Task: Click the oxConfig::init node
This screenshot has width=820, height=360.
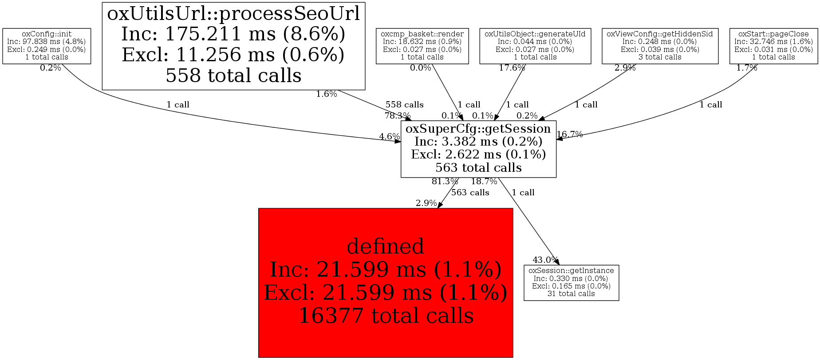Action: tap(47, 46)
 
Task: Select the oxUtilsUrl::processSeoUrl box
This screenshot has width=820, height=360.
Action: tap(233, 46)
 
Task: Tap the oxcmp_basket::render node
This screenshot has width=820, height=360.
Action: tap(422, 46)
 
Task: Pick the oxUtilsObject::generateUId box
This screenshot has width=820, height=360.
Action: tap(535, 46)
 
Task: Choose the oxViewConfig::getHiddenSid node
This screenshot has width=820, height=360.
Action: tap(659, 46)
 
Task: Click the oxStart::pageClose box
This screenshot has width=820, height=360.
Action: tap(773, 46)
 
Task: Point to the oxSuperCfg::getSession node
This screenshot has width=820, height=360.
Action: tap(478, 148)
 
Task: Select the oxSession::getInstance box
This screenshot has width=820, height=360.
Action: tap(571, 282)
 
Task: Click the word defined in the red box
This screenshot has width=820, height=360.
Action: tap(385, 246)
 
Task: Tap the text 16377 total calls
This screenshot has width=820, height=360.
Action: tap(386, 316)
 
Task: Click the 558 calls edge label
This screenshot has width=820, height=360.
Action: tap(404, 105)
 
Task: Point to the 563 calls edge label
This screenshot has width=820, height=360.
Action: tap(470, 193)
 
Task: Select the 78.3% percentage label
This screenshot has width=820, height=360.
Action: tap(397, 116)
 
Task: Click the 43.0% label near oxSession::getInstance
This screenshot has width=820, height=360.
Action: tap(545, 260)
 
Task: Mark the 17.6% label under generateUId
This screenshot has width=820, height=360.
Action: tap(512, 68)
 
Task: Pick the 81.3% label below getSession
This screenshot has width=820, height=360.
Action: tap(445, 182)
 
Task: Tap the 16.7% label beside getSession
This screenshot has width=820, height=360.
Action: tap(570, 135)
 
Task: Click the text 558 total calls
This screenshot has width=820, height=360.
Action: tap(233, 76)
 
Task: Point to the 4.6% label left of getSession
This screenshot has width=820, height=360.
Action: tap(389, 137)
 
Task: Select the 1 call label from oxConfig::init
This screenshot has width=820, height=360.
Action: tap(177, 105)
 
